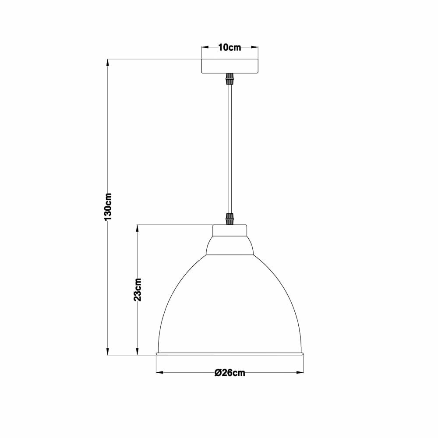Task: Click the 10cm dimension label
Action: [230, 47]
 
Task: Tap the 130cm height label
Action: [108, 206]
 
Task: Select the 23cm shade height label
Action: [138, 290]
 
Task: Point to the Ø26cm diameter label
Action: [230, 373]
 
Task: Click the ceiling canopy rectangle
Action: [230, 66]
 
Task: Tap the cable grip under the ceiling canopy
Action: [230, 79]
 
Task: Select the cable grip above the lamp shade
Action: [230, 219]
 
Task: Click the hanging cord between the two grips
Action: [230, 149]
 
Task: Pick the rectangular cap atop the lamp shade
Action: [230, 230]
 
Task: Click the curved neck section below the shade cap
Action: [230, 246]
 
